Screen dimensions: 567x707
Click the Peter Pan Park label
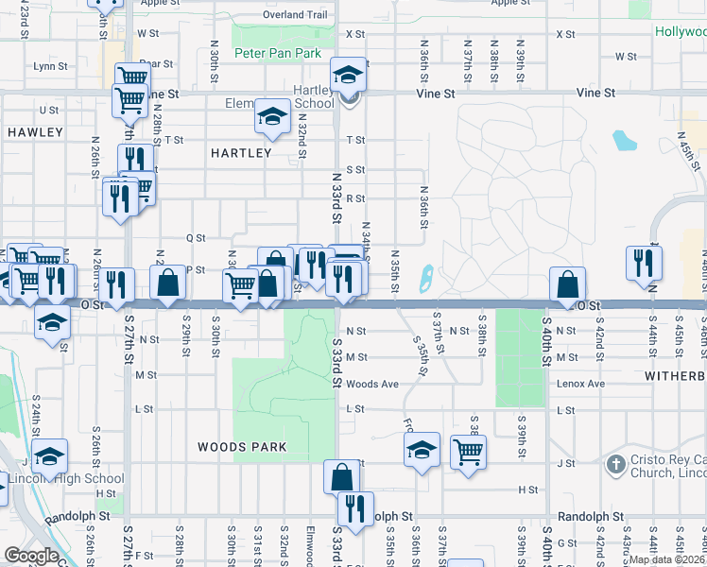point(278,54)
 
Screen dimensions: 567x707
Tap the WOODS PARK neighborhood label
point(234,446)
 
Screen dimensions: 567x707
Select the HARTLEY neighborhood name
point(241,152)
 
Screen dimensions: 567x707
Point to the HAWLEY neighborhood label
point(35,132)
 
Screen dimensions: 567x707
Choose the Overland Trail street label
point(295,15)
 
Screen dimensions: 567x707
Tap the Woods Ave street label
point(372,384)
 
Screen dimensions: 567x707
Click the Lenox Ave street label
point(580,384)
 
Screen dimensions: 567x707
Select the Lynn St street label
point(50,66)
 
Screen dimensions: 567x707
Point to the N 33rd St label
point(336,197)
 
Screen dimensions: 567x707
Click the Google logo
point(32,556)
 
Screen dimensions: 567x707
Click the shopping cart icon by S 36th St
point(469,451)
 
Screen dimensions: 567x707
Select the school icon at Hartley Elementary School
point(272,116)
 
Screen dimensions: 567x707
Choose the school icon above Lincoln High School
point(49,455)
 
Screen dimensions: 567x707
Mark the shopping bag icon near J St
point(341,475)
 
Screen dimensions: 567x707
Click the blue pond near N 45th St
point(624,141)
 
